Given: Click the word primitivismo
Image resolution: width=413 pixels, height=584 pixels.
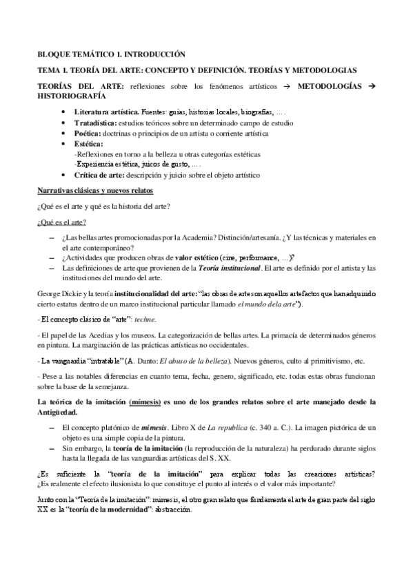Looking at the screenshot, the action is [x=328, y=361].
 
